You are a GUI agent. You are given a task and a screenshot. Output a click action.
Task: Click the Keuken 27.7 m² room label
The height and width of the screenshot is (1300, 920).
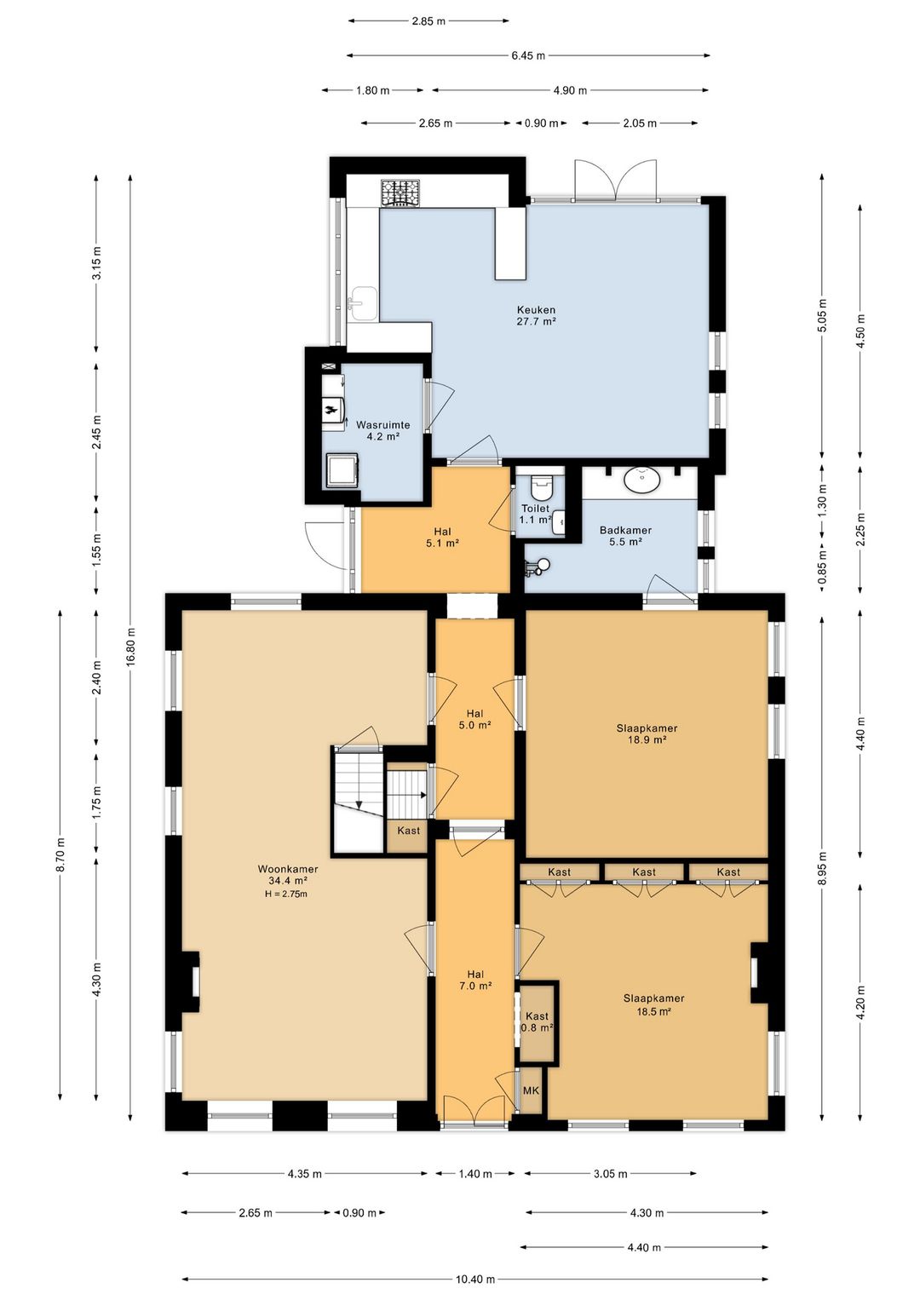point(536,315)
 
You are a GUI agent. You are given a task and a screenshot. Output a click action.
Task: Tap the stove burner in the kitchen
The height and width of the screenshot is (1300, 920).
point(400,193)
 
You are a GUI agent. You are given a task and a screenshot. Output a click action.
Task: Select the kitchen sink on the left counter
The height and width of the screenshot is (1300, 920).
point(363,303)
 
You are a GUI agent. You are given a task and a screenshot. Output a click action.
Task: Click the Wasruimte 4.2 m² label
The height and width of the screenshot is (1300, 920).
point(382,430)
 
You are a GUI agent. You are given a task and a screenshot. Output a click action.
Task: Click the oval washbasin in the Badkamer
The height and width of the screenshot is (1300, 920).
point(643,480)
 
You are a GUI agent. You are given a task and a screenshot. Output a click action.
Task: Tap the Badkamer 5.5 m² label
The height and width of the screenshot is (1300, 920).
point(625,536)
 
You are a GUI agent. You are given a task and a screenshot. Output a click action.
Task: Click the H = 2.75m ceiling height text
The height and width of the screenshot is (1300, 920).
point(286,894)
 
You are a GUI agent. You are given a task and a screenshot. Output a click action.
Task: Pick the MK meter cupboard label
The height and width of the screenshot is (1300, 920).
point(531,1090)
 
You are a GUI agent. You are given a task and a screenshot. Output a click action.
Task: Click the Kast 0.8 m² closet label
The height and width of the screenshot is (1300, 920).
point(537,1021)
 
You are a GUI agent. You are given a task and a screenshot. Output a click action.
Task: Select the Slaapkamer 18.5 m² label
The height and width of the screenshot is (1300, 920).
point(653,1004)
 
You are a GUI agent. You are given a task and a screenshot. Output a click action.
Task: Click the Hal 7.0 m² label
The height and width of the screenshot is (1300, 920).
point(475,980)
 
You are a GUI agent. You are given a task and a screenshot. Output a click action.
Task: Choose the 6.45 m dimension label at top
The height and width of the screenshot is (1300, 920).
point(528,55)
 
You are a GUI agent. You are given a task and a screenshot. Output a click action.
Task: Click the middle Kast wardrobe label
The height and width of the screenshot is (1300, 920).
point(644,871)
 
